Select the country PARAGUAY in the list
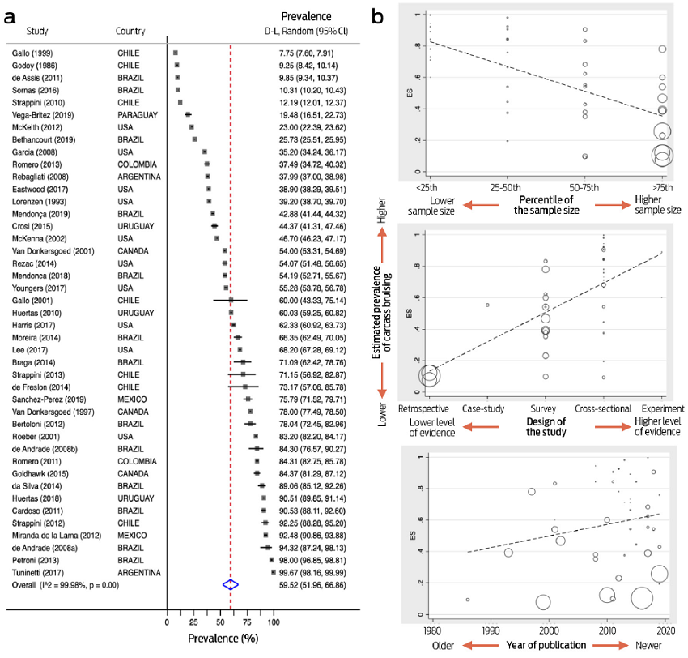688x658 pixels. click(135, 115)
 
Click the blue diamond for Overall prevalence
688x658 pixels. click(231, 583)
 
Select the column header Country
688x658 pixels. click(130, 31)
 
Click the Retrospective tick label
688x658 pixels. click(425, 408)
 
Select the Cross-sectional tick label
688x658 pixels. click(604, 408)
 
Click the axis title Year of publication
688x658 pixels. click(547, 646)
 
